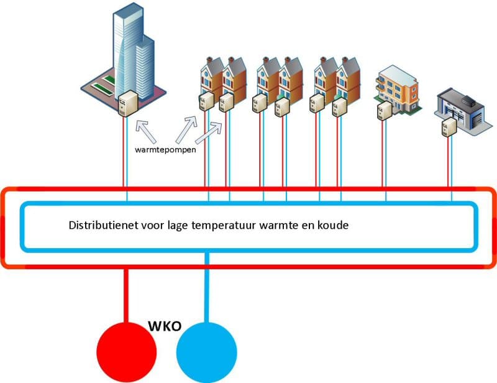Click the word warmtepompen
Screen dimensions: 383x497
point(163,150)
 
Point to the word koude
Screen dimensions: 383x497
point(334,225)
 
